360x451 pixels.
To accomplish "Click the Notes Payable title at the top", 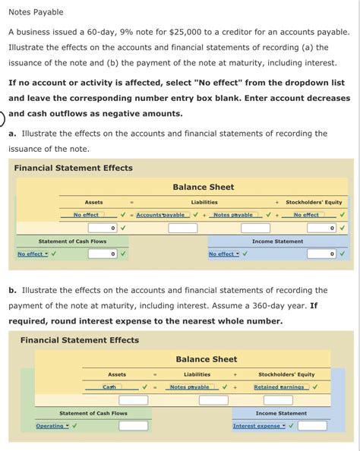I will point(36,12).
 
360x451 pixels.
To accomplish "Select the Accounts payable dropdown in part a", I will point(162,215).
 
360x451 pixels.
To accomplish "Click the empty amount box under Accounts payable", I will point(182,228).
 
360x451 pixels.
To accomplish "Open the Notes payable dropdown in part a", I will point(233,215).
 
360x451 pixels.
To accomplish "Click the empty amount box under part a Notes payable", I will point(255,228).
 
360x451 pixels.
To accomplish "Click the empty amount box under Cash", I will point(133,400).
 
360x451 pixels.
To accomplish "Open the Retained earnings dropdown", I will point(279,387).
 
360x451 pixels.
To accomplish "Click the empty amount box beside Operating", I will point(133,426).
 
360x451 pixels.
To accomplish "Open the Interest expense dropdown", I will point(258,426).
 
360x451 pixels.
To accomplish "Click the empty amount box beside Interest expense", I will point(312,426).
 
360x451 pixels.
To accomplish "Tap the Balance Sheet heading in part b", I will point(206,359).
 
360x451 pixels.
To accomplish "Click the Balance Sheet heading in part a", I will point(203,187).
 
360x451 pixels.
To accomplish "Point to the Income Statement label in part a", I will point(277,241).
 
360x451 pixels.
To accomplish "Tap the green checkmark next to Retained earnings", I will point(315,387).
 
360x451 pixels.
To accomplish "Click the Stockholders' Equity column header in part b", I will point(286,374).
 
